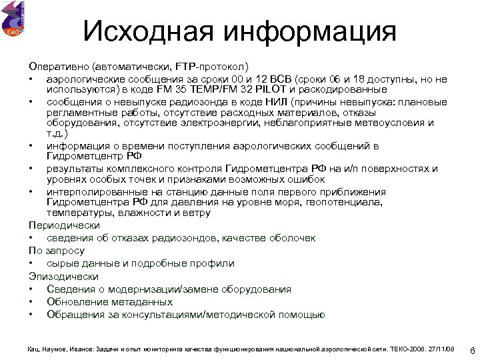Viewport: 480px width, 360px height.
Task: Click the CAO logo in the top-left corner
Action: tap(13, 19)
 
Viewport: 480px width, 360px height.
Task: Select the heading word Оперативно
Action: tap(59, 67)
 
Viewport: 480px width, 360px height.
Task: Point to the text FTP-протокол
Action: tap(212, 67)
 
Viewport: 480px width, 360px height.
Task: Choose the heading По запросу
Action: tap(56, 251)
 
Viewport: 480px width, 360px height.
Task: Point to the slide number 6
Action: tap(471, 350)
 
